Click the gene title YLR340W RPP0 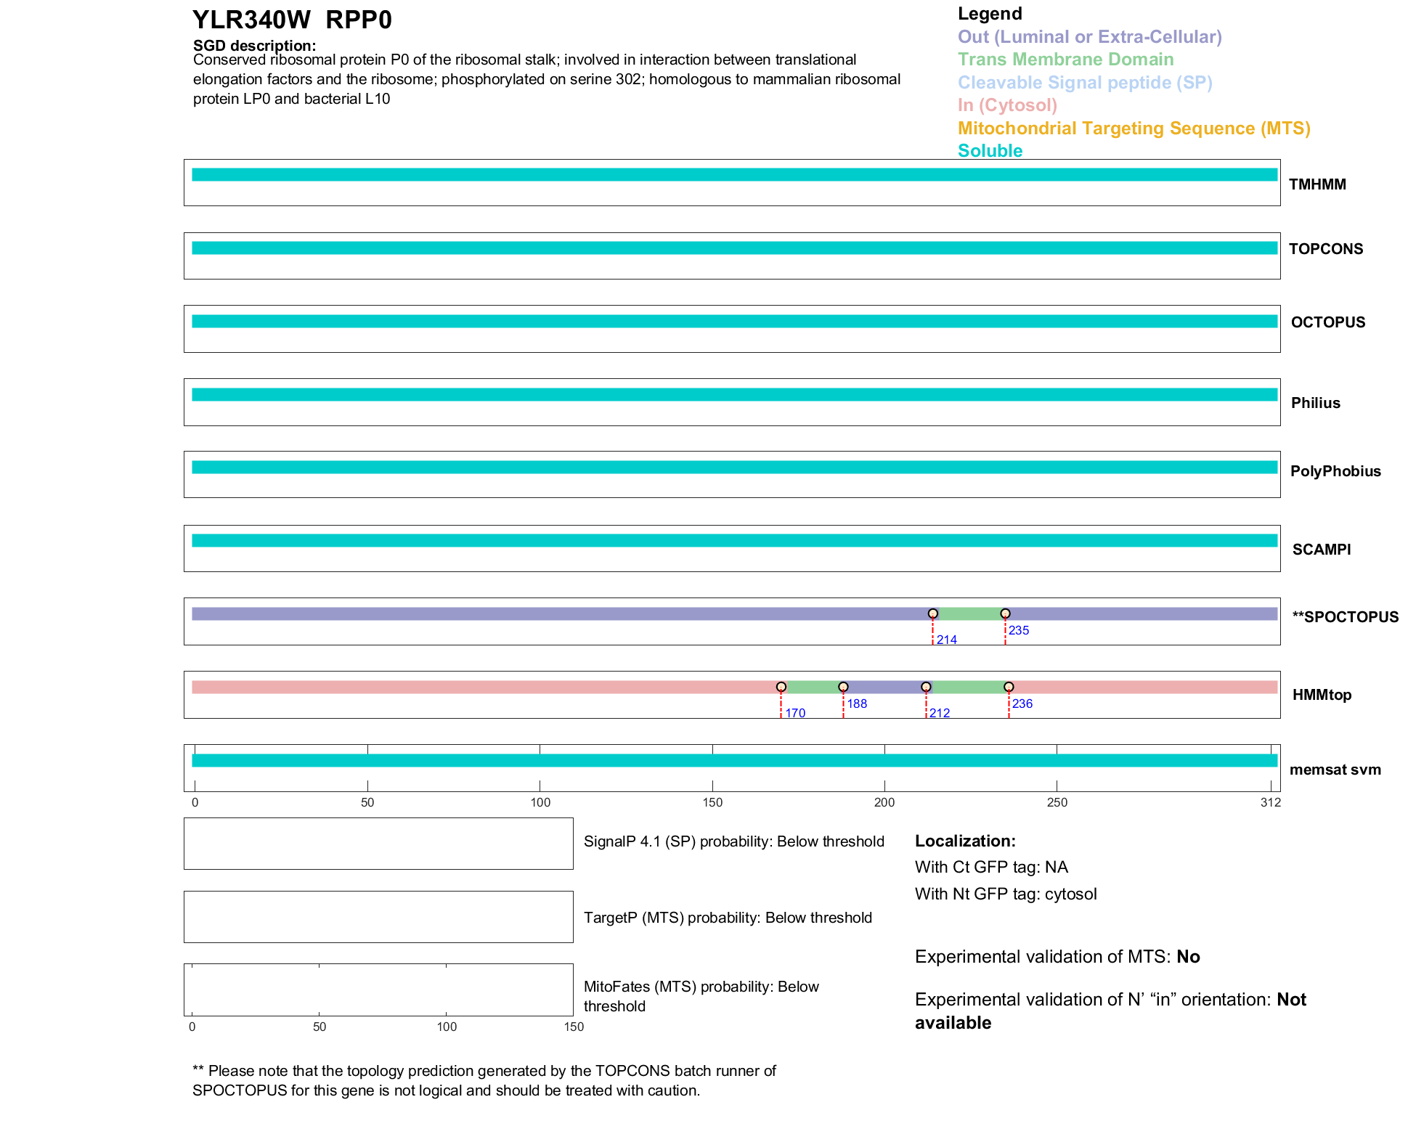pos(292,20)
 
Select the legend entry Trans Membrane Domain pos(1065,60)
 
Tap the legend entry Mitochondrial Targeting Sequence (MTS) pos(1134,129)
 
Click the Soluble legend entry pos(990,151)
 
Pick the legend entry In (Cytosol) pos(1007,105)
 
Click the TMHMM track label pos(1317,184)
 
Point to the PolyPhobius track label pos(1335,471)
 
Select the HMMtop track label pos(1322,695)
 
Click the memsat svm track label pos(1335,770)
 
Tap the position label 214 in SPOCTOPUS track pos(946,640)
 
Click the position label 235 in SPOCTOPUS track pos(1019,630)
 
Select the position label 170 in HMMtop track pos(795,713)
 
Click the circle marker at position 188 pos(843,687)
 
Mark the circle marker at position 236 pos(1009,687)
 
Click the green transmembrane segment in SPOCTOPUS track pos(969,614)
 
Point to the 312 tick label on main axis pos(1271,802)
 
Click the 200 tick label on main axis pos(884,802)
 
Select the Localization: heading pos(965,841)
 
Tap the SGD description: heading pos(254,46)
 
